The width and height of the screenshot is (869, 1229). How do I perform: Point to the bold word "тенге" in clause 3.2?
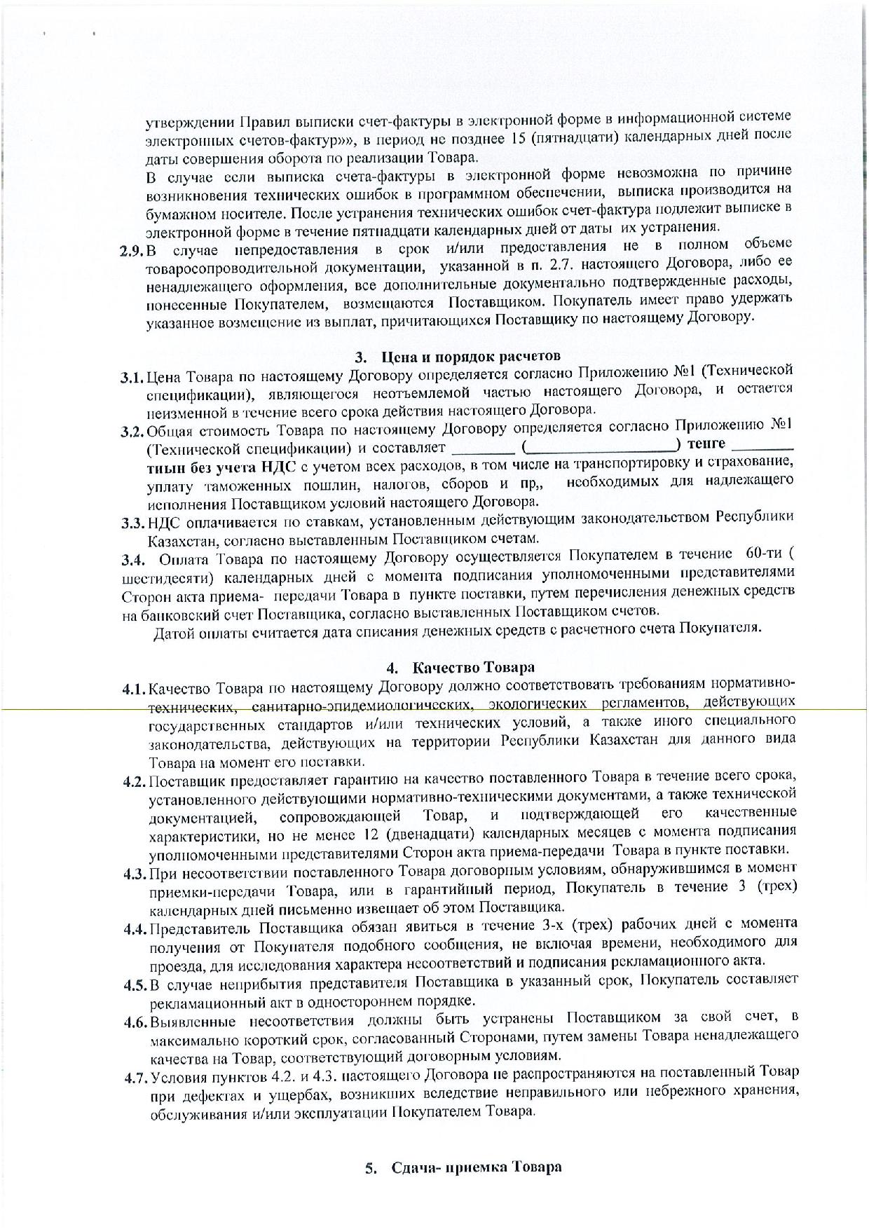[706, 444]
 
